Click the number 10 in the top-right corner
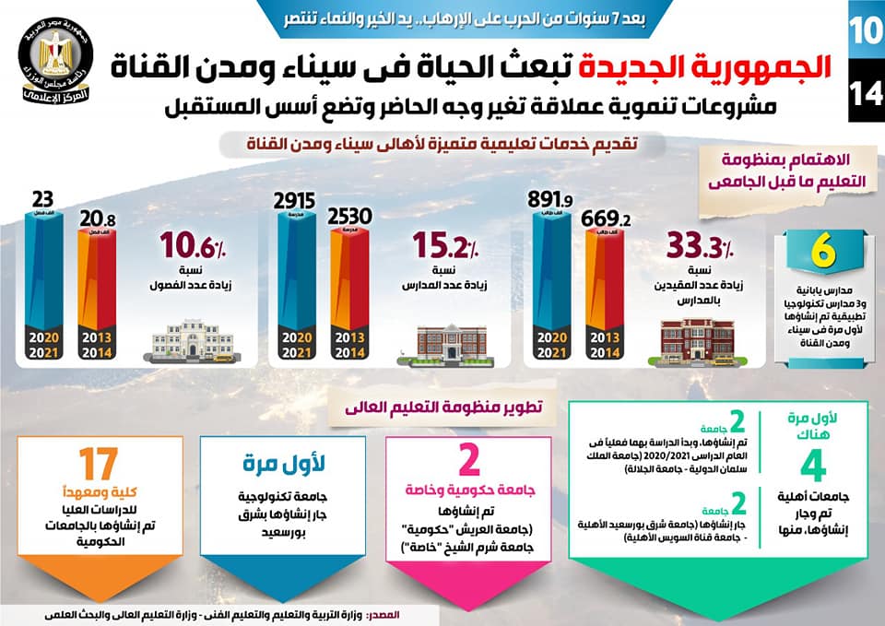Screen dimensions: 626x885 point(866,30)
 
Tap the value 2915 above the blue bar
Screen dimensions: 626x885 point(294,199)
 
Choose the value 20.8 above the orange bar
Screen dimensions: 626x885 point(97,219)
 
